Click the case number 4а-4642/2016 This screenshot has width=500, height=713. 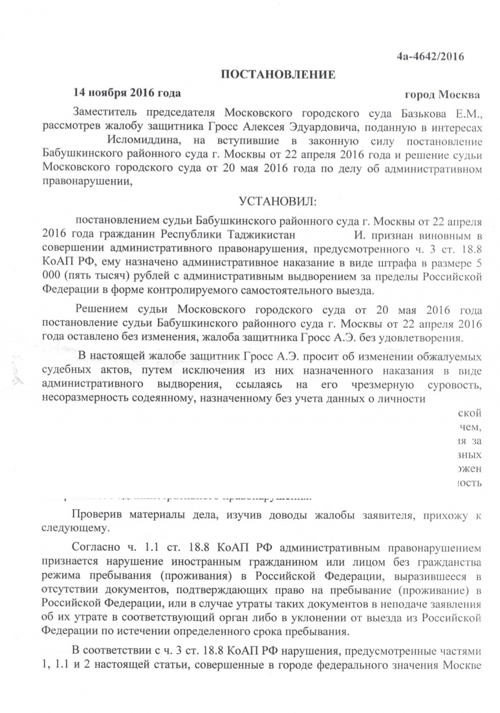(430, 56)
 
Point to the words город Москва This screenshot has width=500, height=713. (442, 94)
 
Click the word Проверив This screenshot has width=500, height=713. (95, 514)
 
